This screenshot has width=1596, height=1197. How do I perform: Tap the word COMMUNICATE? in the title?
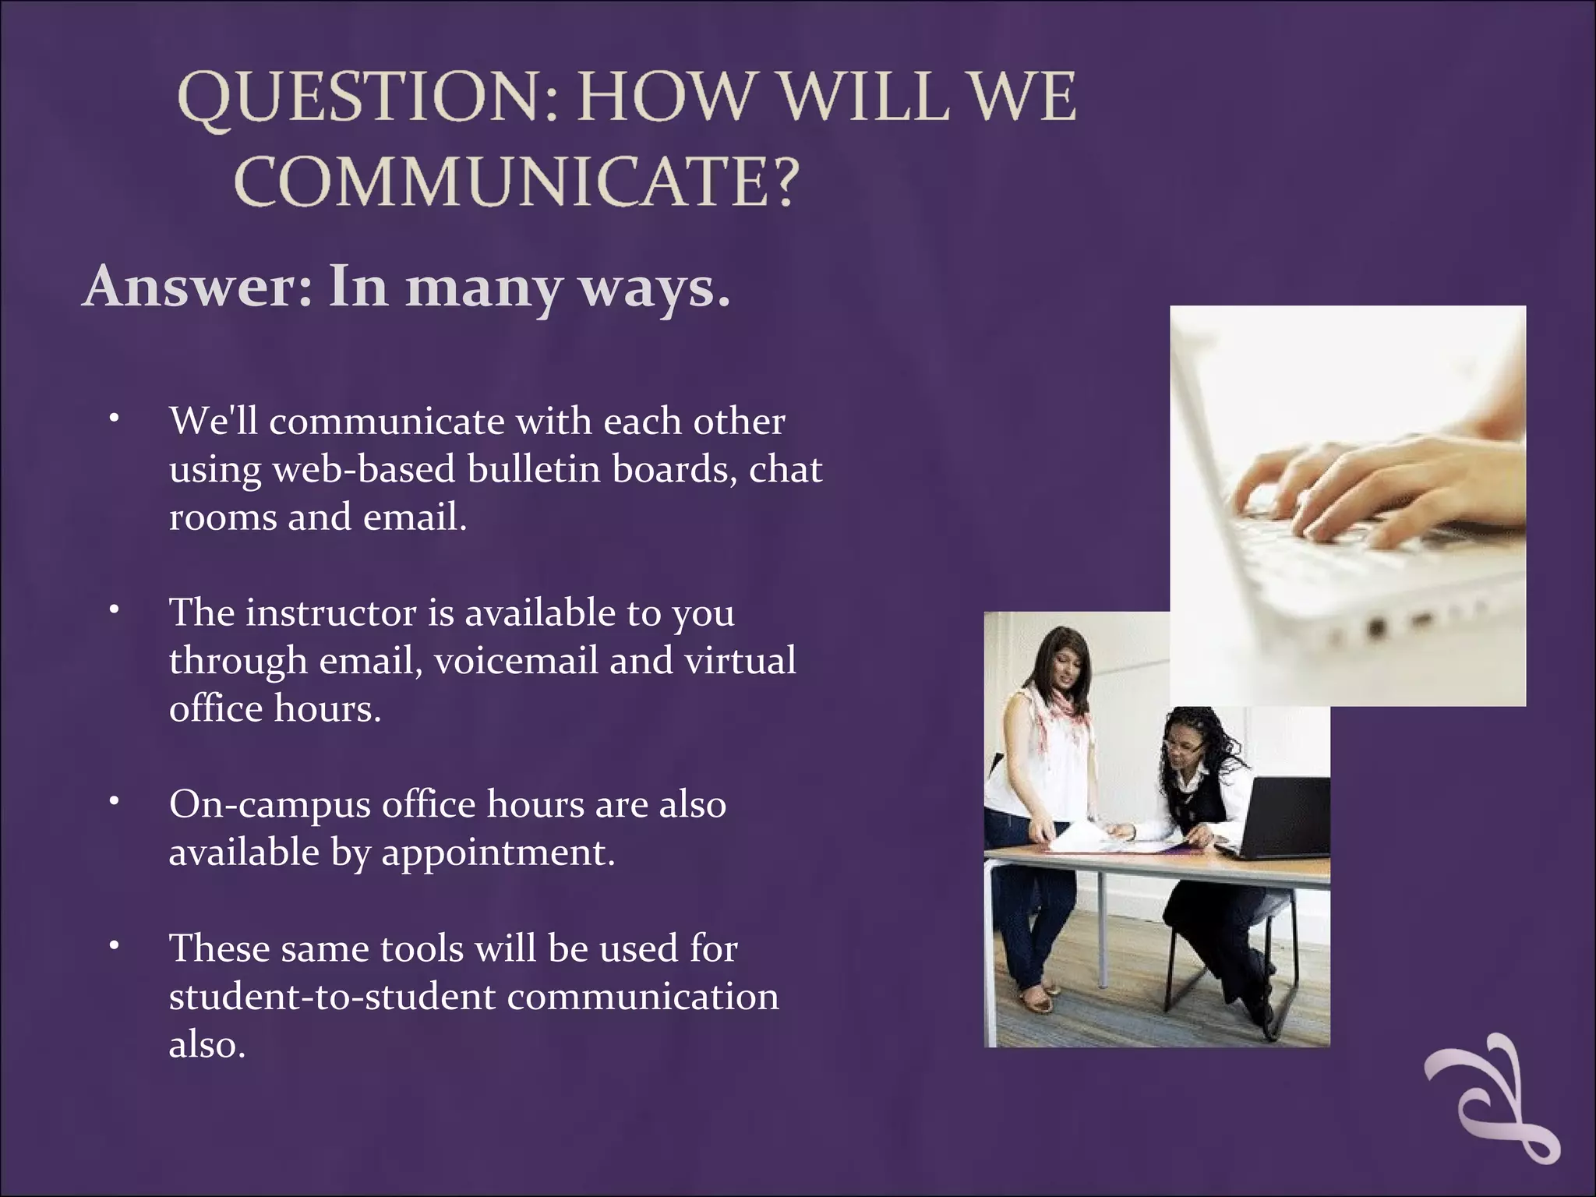pyautogui.click(x=517, y=182)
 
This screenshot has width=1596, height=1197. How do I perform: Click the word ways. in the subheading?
pyautogui.click(x=654, y=288)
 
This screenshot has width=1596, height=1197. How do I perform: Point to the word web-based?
pyautogui.click(x=364, y=470)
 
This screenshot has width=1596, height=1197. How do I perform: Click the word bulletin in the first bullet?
pyautogui.click(x=534, y=469)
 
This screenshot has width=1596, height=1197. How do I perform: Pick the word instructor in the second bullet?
pyautogui.click(x=331, y=613)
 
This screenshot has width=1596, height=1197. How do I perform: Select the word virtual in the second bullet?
pyautogui.click(x=740, y=661)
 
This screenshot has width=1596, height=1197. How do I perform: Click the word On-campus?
pyautogui.click(x=270, y=805)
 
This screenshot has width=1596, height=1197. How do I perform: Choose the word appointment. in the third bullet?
pyautogui.click(x=498, y=853)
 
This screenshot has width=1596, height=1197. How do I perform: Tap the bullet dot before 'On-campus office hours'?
pyautogui.click(x=114, y=800)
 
